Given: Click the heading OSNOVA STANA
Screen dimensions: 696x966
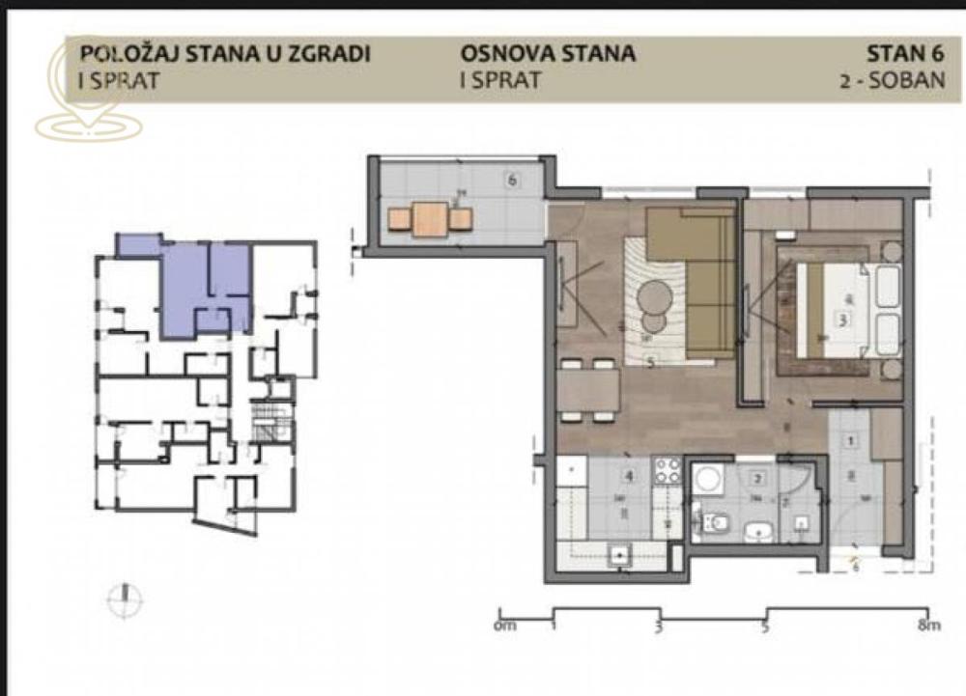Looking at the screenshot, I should [548, 53].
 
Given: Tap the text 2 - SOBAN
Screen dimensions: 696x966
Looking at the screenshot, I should [893, 80].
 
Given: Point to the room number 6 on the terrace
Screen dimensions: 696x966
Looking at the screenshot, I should [513, 179].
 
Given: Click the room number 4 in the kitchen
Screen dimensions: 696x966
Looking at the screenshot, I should [629, 476].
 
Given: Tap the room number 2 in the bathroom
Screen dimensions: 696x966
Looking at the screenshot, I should [759, 478].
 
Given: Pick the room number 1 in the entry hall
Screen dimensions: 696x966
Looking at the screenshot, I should [851, 441].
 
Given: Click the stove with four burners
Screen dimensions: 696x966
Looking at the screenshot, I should [668, 470].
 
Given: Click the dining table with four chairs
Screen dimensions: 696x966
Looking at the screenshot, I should [588, 390].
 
